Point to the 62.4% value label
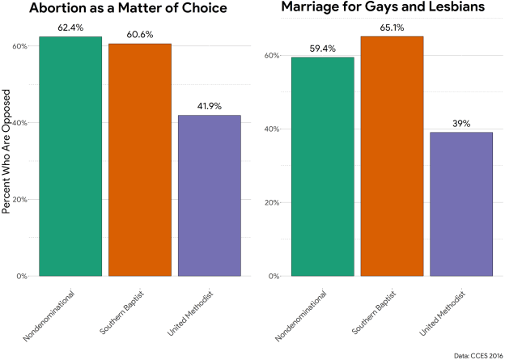(x=70, y=28)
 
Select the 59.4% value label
(x=323, y=49)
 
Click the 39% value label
(x=460, y=124)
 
